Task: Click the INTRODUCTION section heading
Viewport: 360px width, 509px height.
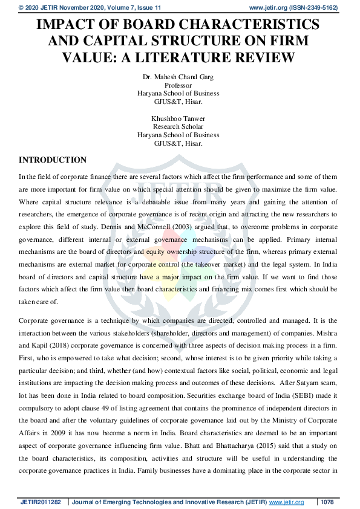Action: click(x=53, y=160)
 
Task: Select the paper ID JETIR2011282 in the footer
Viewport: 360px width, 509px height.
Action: click(x=41, y=502)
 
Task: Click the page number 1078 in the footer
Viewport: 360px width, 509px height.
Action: click(x=327, y=502)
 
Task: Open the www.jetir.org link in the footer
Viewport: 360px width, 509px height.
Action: click(x=285, y=502)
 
